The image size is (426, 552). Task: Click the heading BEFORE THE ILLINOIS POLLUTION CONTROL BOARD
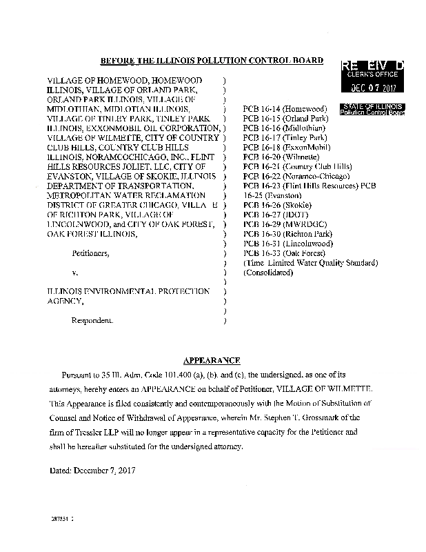pos(212,61)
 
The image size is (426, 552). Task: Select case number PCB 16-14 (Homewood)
pos(285,109)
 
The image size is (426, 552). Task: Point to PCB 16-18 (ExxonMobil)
pos(286,148)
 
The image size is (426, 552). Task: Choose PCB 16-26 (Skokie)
pos(278,206)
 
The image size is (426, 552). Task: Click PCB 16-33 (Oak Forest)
pos(285,253)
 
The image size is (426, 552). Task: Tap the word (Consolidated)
pos(269,273)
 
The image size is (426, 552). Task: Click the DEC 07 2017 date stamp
pos(372,87)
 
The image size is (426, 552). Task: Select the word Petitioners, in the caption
pos(90,253)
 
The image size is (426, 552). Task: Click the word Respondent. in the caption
pos(93,321)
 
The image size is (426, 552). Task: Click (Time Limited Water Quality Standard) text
pos(311,263)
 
